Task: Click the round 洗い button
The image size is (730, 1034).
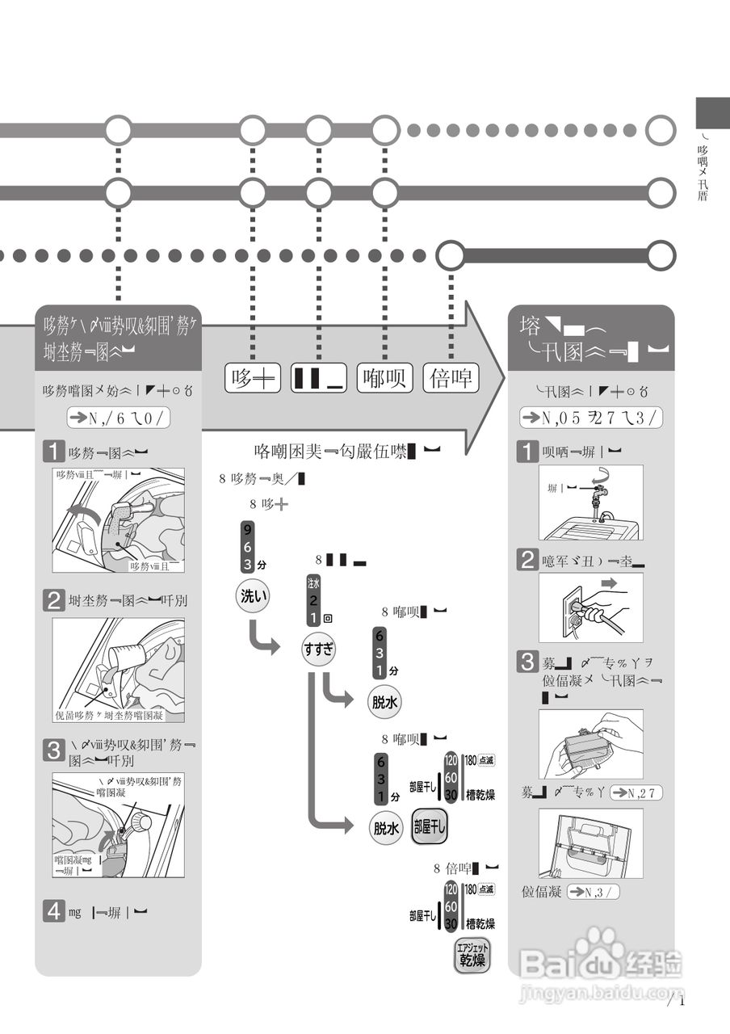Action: [x=252, y=597]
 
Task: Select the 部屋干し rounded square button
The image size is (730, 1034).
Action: [x=429, y=827]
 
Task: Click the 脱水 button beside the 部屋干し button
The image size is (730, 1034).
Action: [x=386, y=828]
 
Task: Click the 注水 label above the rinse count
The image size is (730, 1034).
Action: [x=313, y=582]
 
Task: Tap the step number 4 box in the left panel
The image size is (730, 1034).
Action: [x=53, y=912]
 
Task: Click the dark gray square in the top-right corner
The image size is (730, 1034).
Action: [x=713, y=112]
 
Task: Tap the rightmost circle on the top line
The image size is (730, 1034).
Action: [x=661, y=129]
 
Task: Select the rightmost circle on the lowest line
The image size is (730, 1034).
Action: [x=661, y=255]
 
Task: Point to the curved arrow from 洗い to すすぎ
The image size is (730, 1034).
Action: [x=262, y=637]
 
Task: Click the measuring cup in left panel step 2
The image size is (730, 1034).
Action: [x=121, y=657]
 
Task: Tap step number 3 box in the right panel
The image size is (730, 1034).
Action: [x=527, y=662]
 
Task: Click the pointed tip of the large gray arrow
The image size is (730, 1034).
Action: [x=502, y=377]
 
